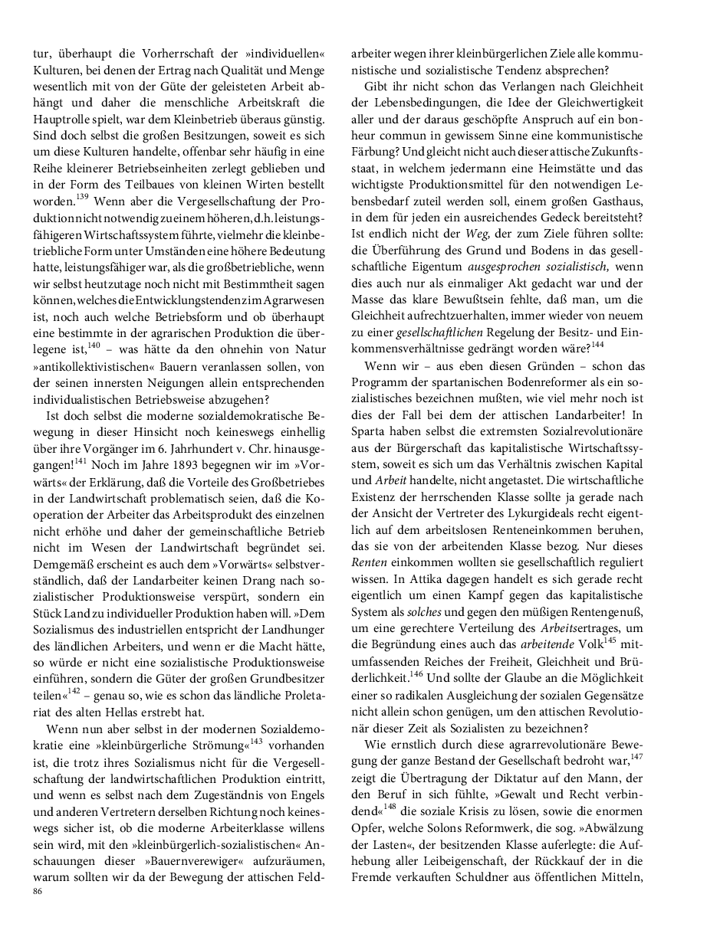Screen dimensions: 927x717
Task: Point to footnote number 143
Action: [x=256, y=742]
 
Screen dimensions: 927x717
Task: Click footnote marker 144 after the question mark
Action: [x=597, y=344]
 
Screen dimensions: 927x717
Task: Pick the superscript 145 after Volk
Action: [x=610, y=640]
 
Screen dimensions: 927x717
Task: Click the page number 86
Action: [x=38, y=893]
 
